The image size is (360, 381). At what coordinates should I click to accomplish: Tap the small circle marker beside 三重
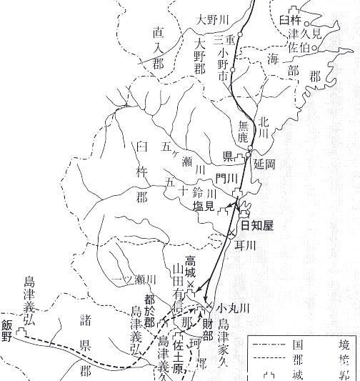pos(241,35)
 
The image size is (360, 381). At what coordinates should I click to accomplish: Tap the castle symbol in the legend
pos(269,373)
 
